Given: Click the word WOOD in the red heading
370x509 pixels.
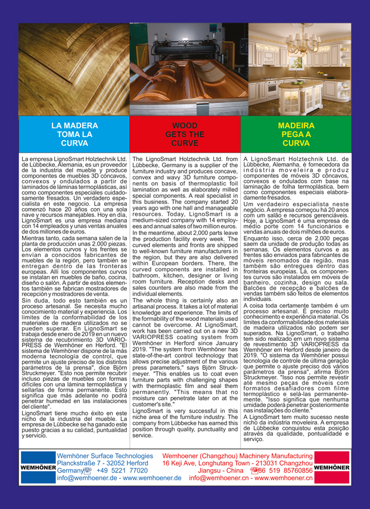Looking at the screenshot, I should [185, 126].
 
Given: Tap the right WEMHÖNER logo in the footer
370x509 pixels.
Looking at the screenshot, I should [331, 485].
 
